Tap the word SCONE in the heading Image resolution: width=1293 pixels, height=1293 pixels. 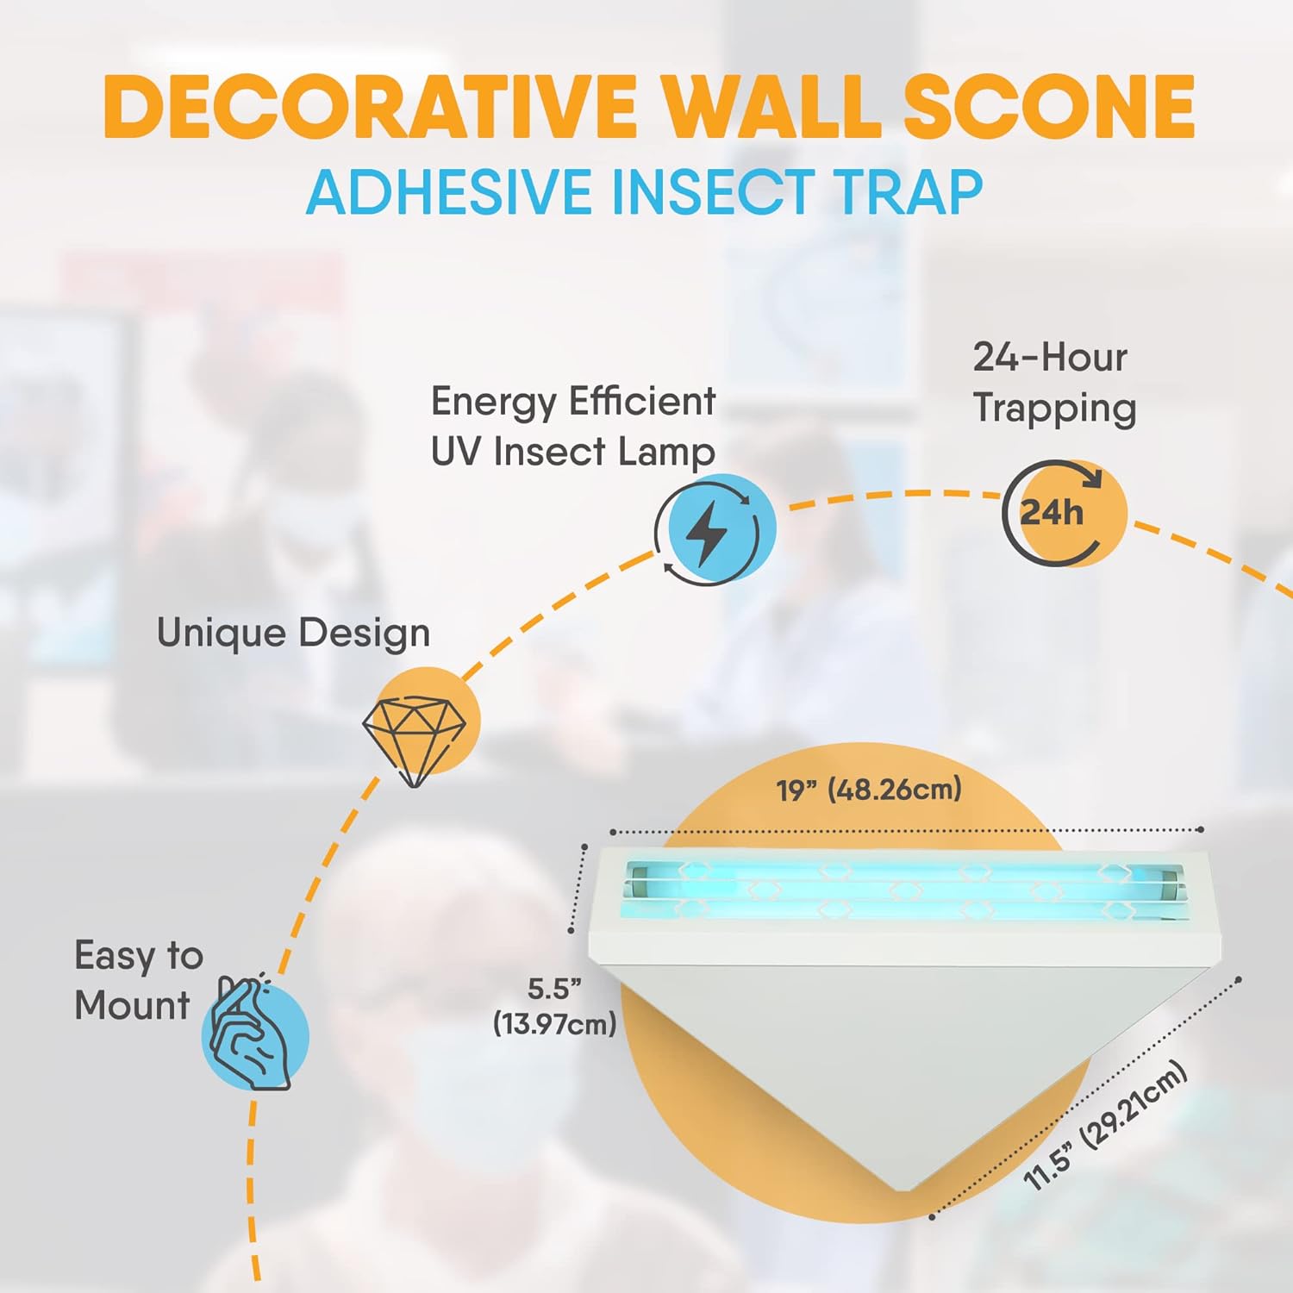(1048, 107)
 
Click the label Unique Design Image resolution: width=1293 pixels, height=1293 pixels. (293, 634)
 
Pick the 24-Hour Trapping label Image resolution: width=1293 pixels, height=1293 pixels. (1053, 383)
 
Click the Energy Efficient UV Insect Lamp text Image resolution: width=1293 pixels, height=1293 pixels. (573, 427)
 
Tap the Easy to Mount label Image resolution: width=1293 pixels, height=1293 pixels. (138, 981)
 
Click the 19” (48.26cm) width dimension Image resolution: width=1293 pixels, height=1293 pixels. (869, 790)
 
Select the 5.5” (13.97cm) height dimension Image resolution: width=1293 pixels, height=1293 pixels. (554, 1007)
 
